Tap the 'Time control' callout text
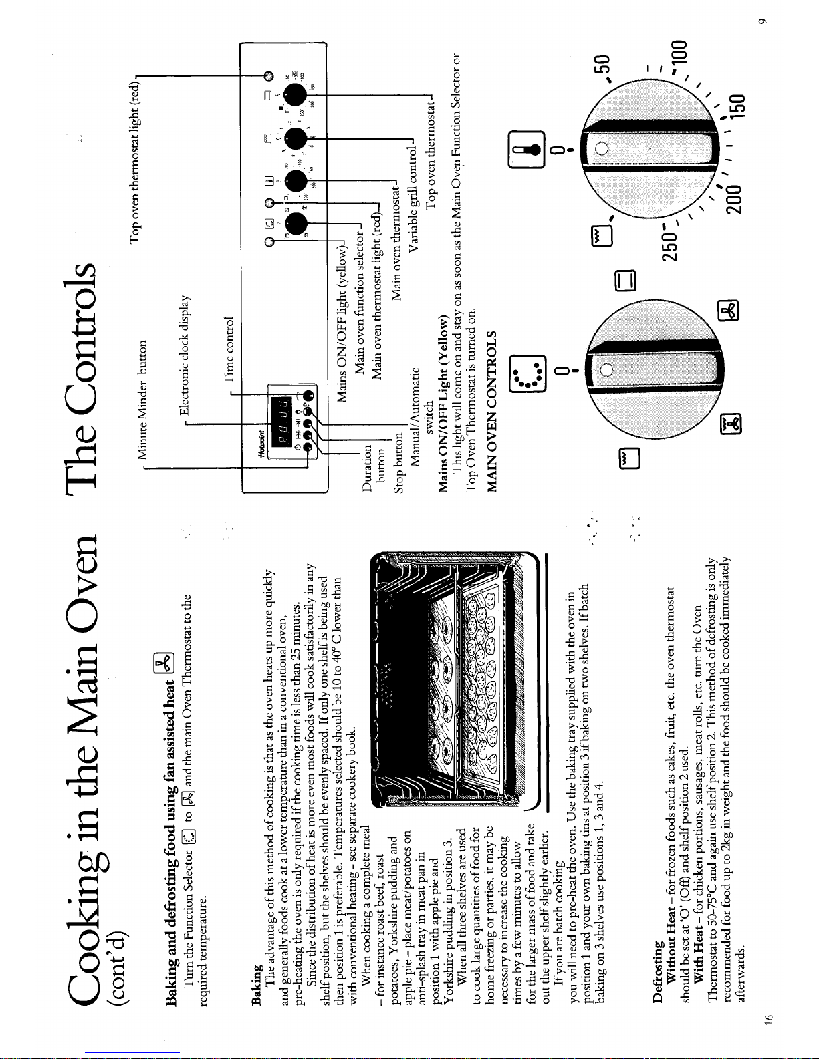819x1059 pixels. (229, 350)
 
